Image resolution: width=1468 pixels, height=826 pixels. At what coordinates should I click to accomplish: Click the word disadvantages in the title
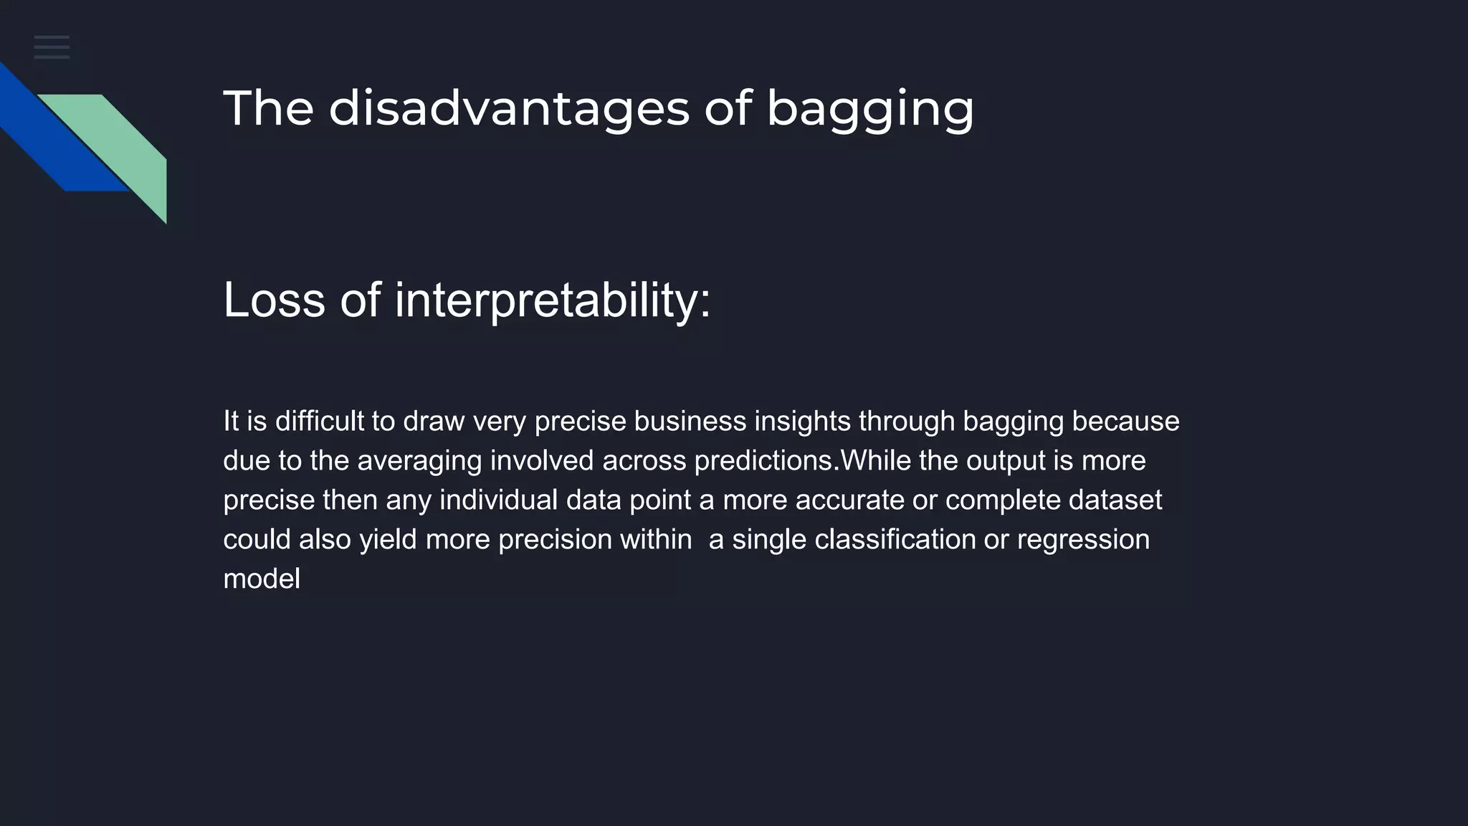[x=508, y=108]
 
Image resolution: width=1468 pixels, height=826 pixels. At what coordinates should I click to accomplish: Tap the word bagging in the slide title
[x=869, y=110]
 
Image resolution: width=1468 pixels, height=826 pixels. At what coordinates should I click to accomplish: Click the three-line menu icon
[x=52, y=47]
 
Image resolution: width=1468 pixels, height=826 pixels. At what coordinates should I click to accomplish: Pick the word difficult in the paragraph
[x=320, y=421]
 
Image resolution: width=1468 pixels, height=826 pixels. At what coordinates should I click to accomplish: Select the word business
[x=690, y=421]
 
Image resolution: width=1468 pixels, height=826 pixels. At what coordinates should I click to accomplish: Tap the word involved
[x=542, y=460]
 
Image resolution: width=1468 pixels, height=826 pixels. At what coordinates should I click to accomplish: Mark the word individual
[x=498, y=500]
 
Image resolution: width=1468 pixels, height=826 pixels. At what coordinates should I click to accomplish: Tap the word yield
[x=388, y=539]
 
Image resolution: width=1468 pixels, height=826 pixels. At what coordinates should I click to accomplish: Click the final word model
[x=262, y=579]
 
